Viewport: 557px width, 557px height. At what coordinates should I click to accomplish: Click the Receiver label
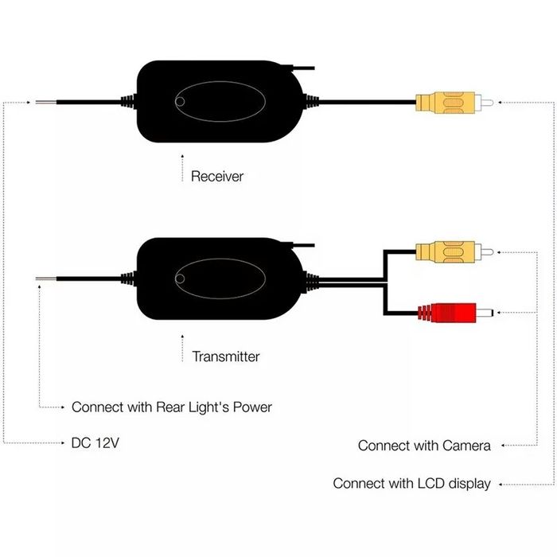[x=216, y=176]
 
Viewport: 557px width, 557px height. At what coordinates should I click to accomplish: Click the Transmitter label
[x=226, y=356]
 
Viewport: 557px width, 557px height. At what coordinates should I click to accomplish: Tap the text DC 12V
[x=95, y=442]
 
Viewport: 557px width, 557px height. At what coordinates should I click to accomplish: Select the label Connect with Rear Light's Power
[x=172, y=407]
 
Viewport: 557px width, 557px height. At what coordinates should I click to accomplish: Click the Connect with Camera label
[x=424, y=445]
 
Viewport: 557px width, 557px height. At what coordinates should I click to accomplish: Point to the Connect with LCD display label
[x=411, y=483]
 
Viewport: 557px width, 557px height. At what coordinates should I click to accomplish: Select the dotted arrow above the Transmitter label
[x=183, y=351]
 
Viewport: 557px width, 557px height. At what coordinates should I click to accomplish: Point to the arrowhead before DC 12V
[x=64, y=442]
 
